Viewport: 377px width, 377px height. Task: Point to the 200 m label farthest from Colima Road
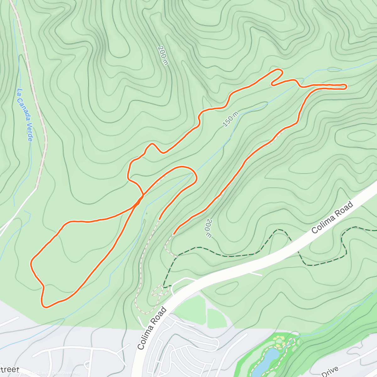point(163,56)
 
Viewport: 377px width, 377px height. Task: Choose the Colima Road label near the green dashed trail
point(332,217)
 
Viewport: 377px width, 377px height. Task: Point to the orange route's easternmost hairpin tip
point(346,87)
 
